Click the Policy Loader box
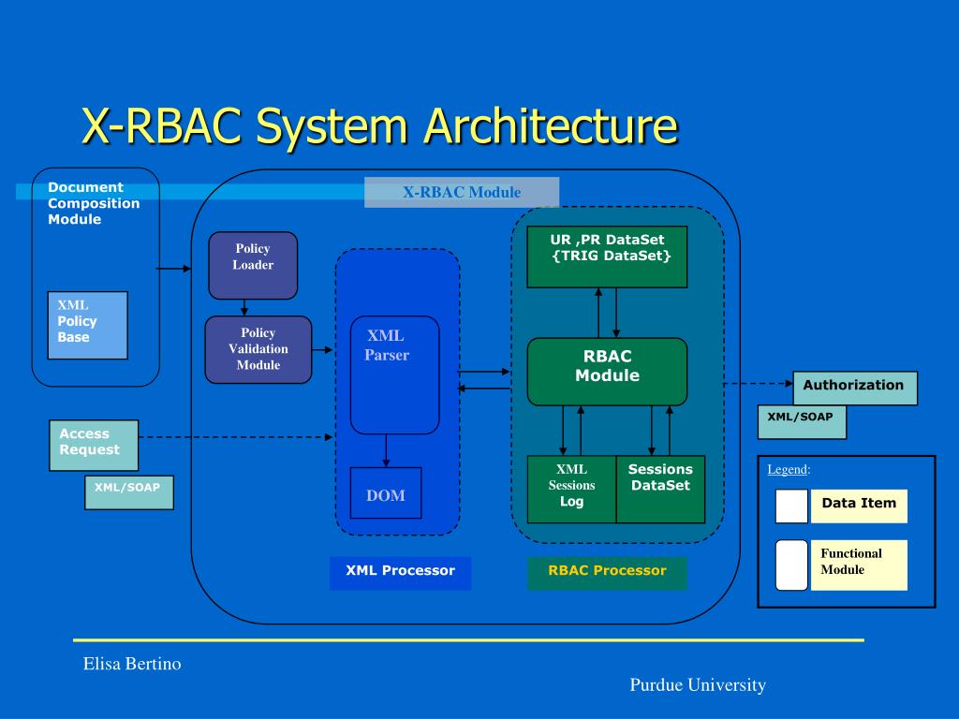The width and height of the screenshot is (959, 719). click(253, 265)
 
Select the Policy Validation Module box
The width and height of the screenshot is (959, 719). click(258, 350)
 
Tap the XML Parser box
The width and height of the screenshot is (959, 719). click(394, 374)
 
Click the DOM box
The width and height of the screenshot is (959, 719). click(386, 492)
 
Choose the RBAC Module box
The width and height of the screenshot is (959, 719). click(607, 372)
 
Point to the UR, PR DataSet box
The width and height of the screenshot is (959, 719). click(607, 257)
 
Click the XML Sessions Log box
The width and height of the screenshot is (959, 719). click(572, 489)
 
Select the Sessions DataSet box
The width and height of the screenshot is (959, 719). click(660, 489)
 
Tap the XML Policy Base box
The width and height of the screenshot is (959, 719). click(87, 325)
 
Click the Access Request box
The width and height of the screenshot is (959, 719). click(94, 445)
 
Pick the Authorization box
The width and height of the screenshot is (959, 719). click(855, 388)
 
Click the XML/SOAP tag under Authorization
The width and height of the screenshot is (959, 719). click(802, 422)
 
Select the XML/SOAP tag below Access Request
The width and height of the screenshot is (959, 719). click(129, 492)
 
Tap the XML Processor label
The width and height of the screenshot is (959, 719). click(401, 573)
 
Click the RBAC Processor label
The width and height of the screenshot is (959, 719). click(607, 573)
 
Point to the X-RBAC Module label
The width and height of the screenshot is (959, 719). click(462, 192)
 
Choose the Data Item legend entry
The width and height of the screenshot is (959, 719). click(842, 506)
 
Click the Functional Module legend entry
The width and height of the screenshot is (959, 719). click(842, 565)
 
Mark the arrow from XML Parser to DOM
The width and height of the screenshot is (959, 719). click(386, 450)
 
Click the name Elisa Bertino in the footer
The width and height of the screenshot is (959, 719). click(132, 664)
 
